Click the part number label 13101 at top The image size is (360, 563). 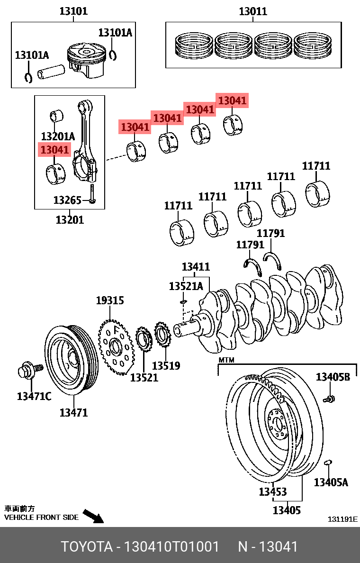[x=73, y=10]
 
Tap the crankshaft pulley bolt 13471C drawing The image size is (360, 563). [x=29, y=369]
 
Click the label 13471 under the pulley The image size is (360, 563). [x=73, y=412]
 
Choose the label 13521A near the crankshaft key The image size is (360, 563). [x=186, y=286]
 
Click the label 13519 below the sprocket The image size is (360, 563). [x=166, y=365]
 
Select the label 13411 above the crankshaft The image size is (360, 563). [x=196, y=267]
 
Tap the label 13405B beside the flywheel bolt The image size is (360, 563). [x=333, y=377]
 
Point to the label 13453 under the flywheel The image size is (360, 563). [x=272, y=492]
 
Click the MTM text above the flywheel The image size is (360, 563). [x=226, y=360]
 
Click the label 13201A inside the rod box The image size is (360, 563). [x=58, y=136]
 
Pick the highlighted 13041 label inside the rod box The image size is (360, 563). [x=54, y=150]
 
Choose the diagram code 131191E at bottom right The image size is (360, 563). [x=342, y=519]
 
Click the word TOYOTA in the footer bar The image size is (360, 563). [x=85, y=546]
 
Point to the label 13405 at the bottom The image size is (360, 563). [x=287, y=510]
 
